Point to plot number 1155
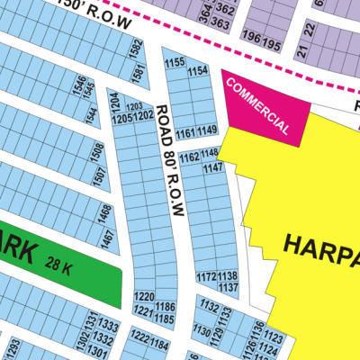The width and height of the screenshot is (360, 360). [x=175, y=62]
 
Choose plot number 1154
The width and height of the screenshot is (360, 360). [x=197, y=71]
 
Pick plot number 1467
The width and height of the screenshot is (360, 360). [x=107, y=239]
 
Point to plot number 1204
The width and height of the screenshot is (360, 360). [x=114, y=99]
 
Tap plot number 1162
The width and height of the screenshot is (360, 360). [x=189, y=157]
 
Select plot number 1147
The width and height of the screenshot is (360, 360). [x=213, y=168]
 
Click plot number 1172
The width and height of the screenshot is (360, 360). [x=206, y=276]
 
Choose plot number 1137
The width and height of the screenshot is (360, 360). [x=228, y=287]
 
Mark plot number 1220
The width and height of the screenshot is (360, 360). [x=143, y=296]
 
